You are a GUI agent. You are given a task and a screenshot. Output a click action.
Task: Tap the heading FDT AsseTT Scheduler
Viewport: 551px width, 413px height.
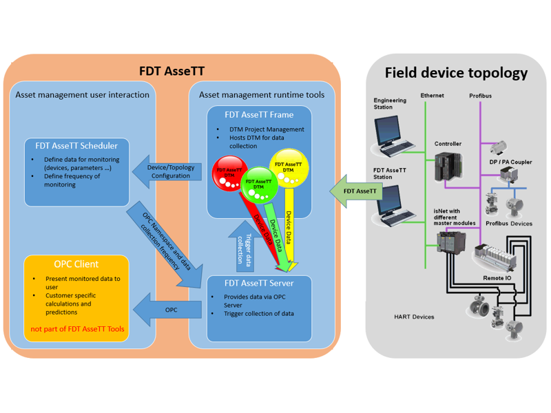pos(76,146)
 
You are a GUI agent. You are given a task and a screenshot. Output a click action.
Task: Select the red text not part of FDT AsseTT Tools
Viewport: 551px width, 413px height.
pos(76,329)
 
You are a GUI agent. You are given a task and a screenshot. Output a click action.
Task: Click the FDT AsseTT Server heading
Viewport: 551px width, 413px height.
pos(259,283)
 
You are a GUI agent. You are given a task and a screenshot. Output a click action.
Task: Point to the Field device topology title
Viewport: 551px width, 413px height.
pos(456,73)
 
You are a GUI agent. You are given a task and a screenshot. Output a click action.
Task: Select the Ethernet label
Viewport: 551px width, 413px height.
pos(432,96)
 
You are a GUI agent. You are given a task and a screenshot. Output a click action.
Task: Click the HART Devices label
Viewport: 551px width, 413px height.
pos(414,317)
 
